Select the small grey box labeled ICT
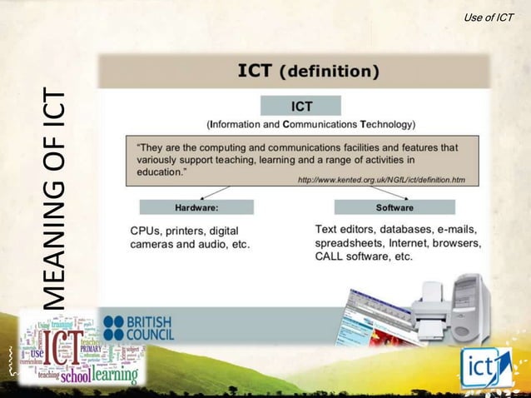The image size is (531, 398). pyautogui.click(x=300, y=107)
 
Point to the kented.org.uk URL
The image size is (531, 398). pyautogui.click(x=381, y=180)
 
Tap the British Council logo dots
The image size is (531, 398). pyautogui.click(x=112, y=327)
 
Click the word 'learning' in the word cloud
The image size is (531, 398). pyautogui.click(x=115, y=376)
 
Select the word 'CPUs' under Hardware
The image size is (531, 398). pyautogui.click(x=146, y=230)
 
